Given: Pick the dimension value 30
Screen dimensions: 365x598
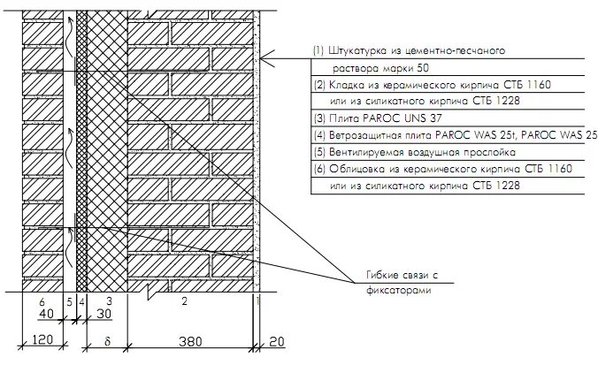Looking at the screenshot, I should (x=105, y=314).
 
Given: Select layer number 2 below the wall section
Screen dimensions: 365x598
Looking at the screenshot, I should (x=184, y=301).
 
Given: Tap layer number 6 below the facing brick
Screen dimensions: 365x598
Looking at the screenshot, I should (x=42, y=301).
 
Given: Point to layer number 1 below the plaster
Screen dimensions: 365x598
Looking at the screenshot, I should (x=257, y=301).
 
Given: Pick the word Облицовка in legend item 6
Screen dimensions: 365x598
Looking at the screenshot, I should (x=356, y=169).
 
